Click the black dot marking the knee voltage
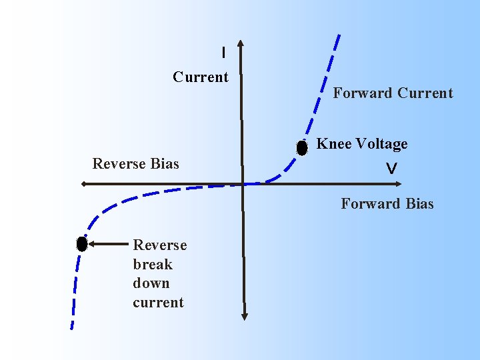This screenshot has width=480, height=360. pos(302,148)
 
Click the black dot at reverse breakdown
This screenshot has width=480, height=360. pos(82,244)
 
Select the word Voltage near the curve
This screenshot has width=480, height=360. pos(381,144)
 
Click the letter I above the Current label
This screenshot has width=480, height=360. pos(223,52)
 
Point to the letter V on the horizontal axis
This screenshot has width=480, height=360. pos(391,170)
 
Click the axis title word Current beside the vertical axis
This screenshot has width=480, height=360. pos(201,77)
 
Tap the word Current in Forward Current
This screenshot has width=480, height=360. pos(425,93)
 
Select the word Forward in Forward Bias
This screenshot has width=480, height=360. pos(370,204)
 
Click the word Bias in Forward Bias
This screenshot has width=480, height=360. pos(419,204)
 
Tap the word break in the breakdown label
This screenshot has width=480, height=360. pos(153,265)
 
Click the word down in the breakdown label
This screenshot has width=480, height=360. pos(151,283)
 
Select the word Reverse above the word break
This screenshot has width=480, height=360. pos(160,245)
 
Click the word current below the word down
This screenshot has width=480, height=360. pos(158,303)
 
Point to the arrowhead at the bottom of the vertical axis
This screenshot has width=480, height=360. pos(244,314)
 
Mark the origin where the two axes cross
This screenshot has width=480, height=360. pos(242,184)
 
